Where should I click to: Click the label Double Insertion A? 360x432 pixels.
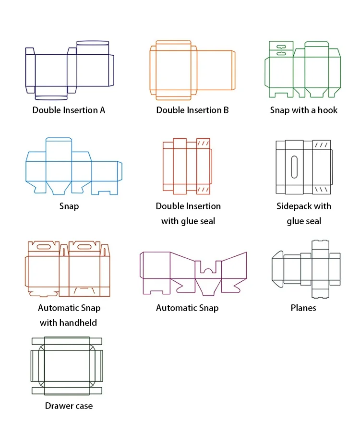(x=69, y=110)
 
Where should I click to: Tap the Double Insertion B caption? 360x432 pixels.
(x=192, y=110)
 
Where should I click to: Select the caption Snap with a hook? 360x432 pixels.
(x=303, y=110)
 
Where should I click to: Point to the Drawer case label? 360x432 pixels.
(x=69, y=406)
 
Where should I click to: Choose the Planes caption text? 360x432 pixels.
(x=303, y=308)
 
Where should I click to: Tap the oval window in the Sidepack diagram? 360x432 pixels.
(x=294, y=167)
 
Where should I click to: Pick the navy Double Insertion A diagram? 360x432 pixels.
(x=70, y=71)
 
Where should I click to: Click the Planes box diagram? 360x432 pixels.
(x=306, y=269)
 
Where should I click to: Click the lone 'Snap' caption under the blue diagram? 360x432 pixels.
(x=69, y=206)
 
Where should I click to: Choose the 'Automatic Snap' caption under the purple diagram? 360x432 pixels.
(x=187, y=308)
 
